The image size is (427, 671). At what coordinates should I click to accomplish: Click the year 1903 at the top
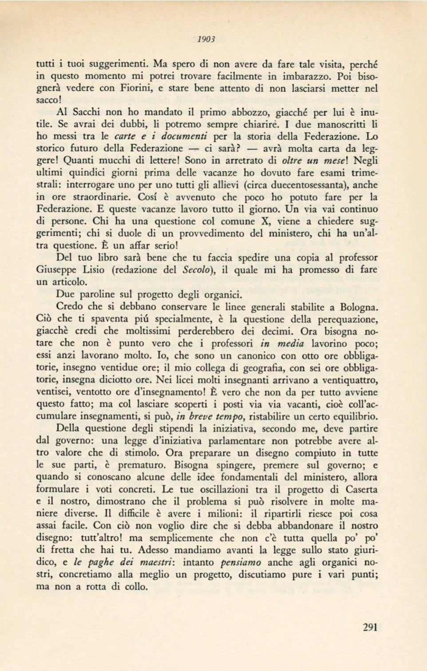point(206,39)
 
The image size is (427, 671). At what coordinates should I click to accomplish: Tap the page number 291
point(370,627)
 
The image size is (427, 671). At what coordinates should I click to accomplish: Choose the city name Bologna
point(359,306)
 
